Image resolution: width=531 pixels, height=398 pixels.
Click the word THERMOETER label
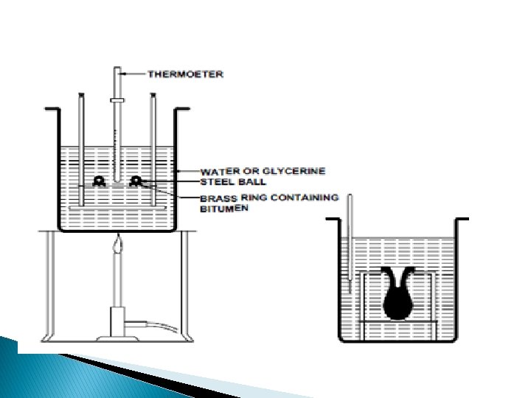click(186, 74)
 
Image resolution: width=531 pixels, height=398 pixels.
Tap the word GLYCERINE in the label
click(296, 171)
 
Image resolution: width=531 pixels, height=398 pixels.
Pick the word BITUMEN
click(224, 209)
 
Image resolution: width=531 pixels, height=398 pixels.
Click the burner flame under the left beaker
click(117, 244)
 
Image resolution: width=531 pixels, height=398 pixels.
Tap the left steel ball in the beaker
click(99, 181)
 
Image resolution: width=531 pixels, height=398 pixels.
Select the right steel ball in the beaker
click(136, 181)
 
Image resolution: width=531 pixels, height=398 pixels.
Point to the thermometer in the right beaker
click(349, 243)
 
